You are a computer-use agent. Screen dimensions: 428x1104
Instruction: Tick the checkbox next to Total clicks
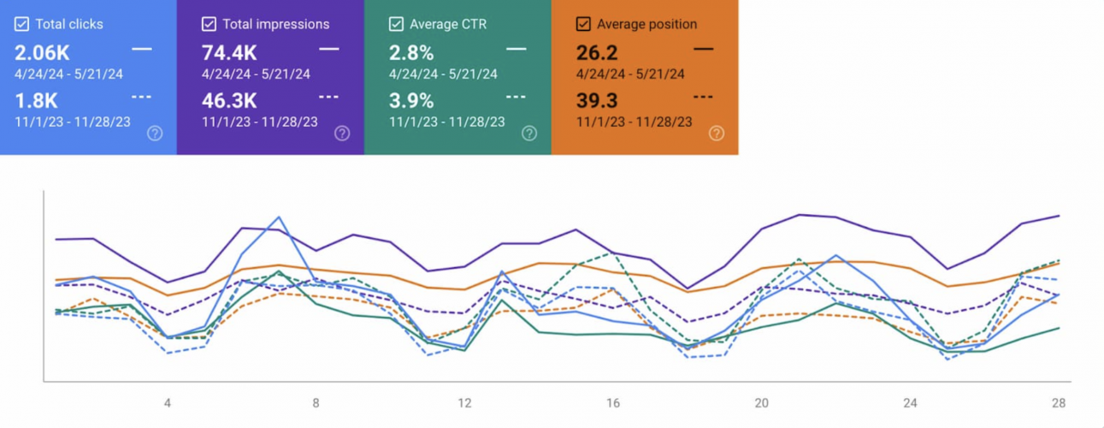point(21,25)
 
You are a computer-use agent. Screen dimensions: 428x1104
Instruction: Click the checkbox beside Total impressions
point(209,25)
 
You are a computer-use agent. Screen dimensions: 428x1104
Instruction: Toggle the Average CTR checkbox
point(396,25)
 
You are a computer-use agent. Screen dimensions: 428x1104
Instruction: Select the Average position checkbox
point(583,25)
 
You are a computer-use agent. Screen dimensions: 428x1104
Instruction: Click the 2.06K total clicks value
point(42,53)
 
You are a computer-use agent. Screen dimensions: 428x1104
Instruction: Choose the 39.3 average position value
point(597,101)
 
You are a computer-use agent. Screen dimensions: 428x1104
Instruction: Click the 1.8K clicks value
point(35,101)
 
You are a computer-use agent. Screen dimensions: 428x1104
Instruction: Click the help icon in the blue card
point(155,133)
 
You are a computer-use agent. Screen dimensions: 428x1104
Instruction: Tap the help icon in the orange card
point(717,133)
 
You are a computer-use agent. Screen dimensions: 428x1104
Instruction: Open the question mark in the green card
point(529,133)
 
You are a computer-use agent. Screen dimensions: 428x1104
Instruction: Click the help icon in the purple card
point(342,133)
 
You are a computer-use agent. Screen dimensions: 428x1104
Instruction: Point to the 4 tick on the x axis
point(168,403)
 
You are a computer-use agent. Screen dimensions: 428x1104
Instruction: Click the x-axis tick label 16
point(612,403)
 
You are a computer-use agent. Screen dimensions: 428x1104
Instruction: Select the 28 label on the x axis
point(1058,403)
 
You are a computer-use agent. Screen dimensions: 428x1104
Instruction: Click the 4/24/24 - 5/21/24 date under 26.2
point(630,74)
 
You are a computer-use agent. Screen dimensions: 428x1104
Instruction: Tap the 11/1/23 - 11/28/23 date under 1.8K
point(73,122)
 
